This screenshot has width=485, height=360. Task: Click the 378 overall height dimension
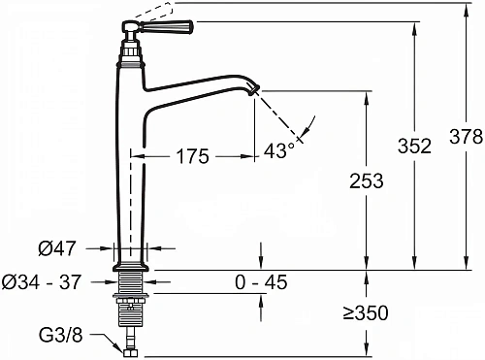tap(466, 136)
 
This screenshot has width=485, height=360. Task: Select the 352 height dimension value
tap(414, 146)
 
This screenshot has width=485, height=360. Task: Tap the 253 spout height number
tap(367, 180)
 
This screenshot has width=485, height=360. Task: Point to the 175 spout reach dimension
tap(193, 156)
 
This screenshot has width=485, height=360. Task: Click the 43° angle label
tap(278, 149)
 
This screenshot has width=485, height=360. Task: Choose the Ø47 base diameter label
tap(57, 248)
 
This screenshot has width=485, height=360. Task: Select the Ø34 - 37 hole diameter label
tap(41, 281)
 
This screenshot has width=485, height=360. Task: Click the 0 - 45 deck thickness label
tap(261, 282)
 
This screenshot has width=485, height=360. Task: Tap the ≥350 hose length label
tap(366, 312)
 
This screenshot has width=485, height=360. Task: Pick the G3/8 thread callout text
tap(60, 336)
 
